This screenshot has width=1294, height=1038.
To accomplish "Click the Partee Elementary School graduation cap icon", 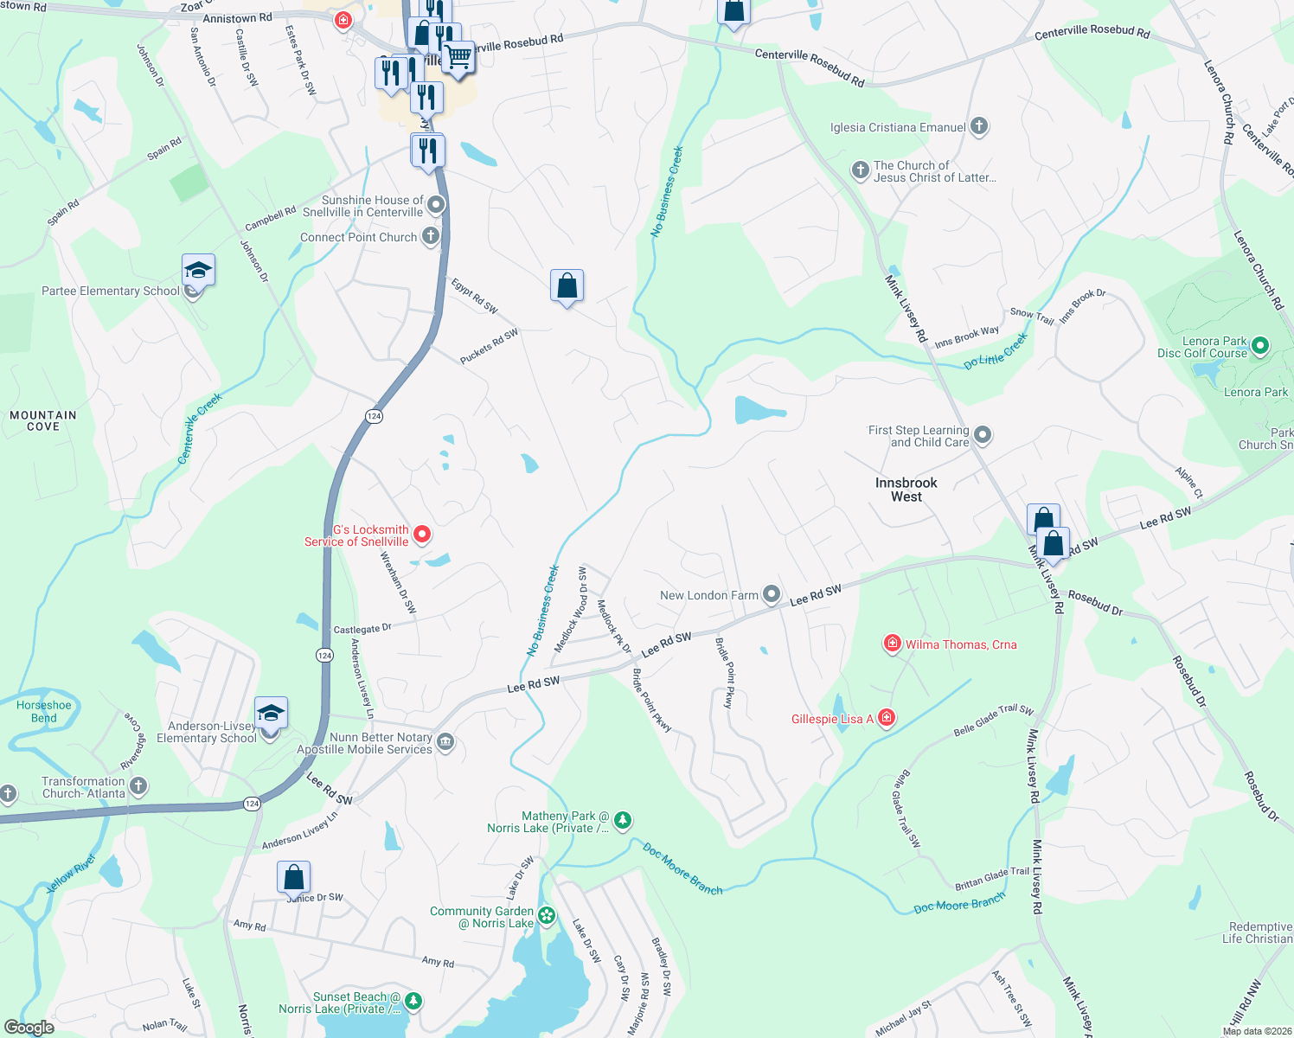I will tap(198, 271).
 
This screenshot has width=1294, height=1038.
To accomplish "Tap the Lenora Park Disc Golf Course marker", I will tap(1260, 346).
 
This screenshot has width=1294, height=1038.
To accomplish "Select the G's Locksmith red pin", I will tap(421, 535).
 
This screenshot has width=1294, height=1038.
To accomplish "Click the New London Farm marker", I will tap(772, 594).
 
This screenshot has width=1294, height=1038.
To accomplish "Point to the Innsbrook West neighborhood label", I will tap(906, 490).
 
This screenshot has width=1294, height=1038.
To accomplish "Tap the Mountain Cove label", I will tap(43, 420).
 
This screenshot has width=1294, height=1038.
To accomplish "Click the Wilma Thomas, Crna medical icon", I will tap(892, 644).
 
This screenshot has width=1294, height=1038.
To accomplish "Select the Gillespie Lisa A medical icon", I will tap(886, 718).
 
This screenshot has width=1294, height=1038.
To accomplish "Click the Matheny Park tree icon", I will tap(622, 819).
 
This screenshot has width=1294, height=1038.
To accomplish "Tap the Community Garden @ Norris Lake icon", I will tap(547, 915).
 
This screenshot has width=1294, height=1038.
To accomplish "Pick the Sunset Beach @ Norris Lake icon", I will tap(413, 1002).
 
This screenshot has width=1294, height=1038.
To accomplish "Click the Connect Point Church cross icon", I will tap(430, 236).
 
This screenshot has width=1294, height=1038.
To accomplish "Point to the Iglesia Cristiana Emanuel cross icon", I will tap(979, 126).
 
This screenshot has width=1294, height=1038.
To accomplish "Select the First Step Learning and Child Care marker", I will tap(983, 434).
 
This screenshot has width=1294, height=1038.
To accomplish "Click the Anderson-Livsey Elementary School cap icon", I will tap(271, 714).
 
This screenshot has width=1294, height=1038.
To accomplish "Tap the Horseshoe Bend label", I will tap(44, 711).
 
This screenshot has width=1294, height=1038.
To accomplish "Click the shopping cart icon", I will tap(459, 58).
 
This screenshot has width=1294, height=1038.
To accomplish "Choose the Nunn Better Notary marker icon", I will tap(445, 741).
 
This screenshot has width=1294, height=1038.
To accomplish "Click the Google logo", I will tap(29, 1028).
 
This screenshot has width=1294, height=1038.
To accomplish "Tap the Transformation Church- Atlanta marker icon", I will tap(138, 785).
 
